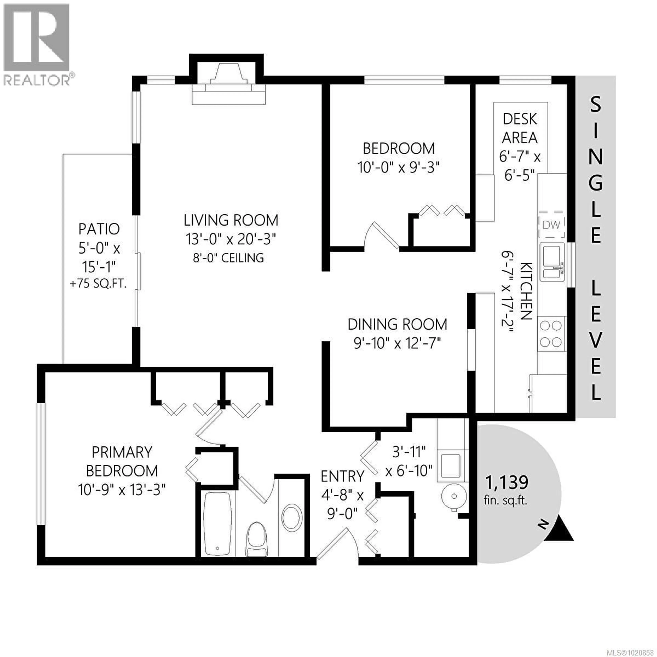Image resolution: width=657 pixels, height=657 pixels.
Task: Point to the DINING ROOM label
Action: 397,324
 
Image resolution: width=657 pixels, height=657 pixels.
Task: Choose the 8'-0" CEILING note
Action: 228,258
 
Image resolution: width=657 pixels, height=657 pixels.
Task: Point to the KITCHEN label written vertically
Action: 526,291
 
